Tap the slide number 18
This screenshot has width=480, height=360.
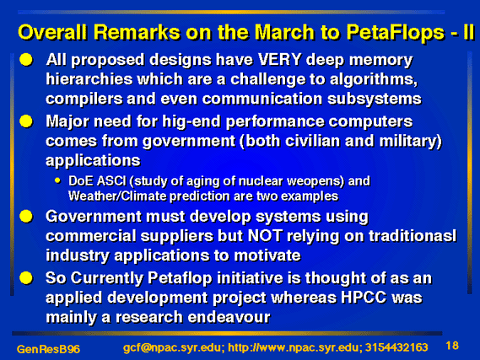tap(452, 346)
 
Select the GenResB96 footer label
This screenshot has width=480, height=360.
tap(48, 349)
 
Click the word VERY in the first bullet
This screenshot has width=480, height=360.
tap(279, 60)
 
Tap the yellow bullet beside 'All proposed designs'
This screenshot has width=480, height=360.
tap(26, 60)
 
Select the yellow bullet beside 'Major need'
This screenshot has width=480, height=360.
tap(26, 121)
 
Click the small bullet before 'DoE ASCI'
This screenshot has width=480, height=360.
tap(58, 180)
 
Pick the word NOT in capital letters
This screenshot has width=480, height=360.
tap(265, 235)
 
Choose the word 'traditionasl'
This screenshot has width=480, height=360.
tap(413, 235)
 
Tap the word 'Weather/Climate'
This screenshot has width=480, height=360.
tap(117, 196)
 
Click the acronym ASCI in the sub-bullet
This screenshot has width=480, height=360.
tap(111, 181)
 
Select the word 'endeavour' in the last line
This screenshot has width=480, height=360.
tap(229, 317)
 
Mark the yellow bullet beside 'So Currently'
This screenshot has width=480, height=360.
tap(26, 278)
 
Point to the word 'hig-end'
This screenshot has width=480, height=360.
tap(191, 122)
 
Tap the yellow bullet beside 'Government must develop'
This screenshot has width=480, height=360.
tap(26, 217)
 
